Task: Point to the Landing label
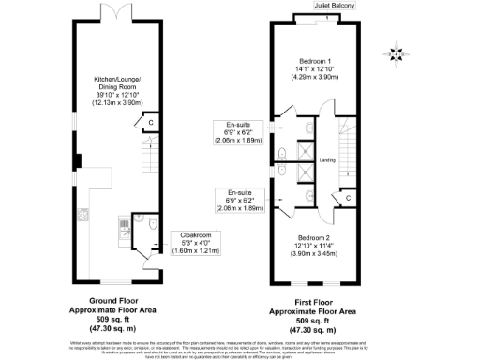(x=328, y=159)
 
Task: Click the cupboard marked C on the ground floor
(x=149, y=122)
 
